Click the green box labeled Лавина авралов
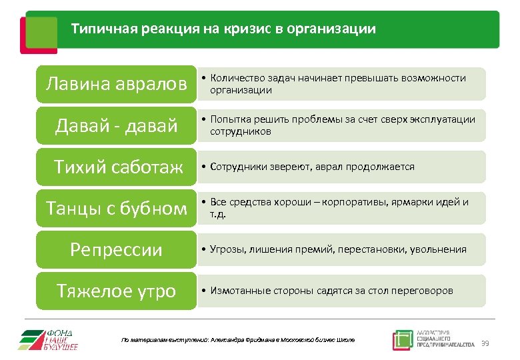pos(116,85)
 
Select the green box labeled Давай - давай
pos(116,125)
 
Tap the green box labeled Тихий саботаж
pos(116,167)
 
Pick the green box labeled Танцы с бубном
pos(116,209)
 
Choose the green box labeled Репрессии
pos(116,250)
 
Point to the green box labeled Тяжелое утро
pos(116,291)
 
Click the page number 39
pos(485,343)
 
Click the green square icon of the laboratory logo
pos(403,340)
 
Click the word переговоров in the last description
pos(421,291)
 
